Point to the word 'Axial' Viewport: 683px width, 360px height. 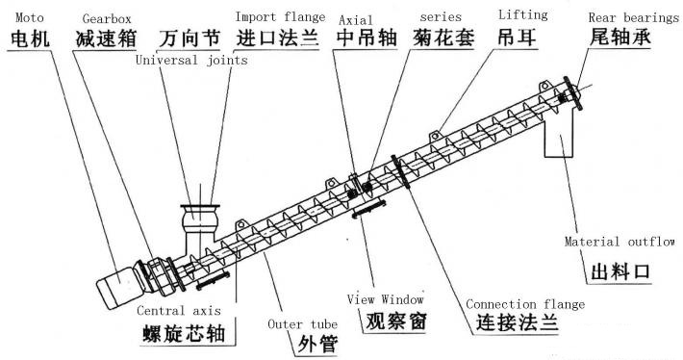(x=355, y=17)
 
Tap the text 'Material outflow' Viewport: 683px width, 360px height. (x=620, y=242)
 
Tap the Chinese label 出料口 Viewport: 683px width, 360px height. (x=620, y=272)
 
